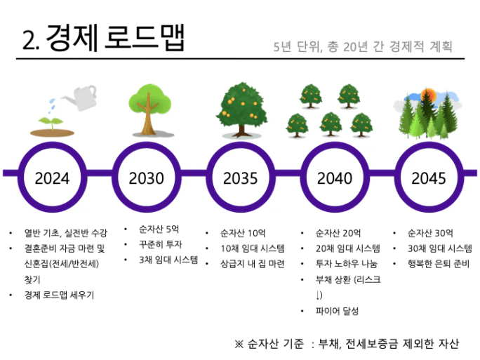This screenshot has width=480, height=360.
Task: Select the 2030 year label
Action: coord(147,178)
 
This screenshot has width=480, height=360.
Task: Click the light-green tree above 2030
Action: coord(149,110)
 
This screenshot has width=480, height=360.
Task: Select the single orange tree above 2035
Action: coord(242,109)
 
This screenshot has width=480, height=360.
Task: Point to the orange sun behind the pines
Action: coord(428,95)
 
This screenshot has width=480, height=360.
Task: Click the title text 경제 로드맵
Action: coord(115,37)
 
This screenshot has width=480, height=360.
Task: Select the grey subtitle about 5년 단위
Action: coord(362,46)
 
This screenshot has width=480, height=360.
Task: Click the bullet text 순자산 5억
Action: coord(159,229)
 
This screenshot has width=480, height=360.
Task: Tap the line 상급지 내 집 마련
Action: coord(253,264)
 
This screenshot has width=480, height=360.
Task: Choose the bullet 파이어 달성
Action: coord(337,311)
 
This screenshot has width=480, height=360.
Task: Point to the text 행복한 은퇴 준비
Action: coord(439,264)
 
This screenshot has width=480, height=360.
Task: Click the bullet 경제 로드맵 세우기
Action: coord(59,295)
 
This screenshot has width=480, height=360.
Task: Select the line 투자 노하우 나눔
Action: coord(347,264)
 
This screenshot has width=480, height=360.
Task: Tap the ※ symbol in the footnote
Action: coord(239,344)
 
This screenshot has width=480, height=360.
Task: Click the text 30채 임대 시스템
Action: coord(439,248)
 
